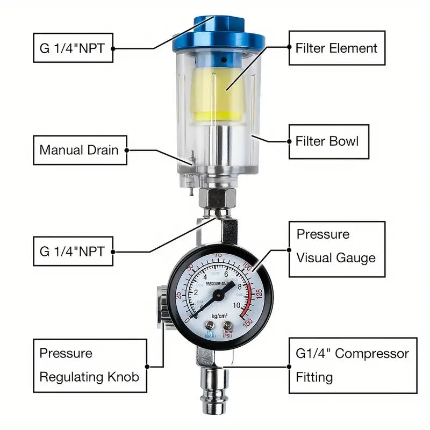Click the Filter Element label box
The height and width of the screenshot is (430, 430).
[336, 48]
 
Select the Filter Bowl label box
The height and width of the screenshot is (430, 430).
[327, 141]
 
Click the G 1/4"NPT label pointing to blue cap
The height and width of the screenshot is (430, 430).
[73, 47]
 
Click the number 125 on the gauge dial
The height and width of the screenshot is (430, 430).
[259, 294]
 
